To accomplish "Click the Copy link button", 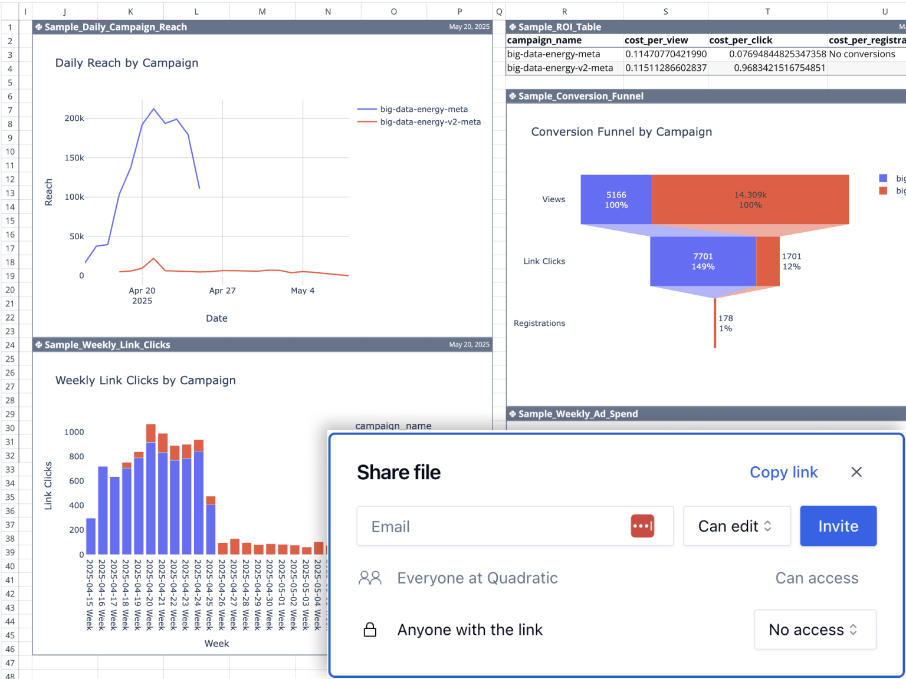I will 783,472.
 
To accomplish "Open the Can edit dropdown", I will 736,526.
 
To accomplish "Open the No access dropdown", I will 814,630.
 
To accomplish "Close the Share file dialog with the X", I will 856,472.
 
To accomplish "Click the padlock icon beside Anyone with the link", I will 370,630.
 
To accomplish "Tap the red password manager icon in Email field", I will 642,526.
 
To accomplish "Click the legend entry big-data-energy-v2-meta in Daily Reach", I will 430,122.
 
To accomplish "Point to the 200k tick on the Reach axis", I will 74,118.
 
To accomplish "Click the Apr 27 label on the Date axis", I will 222,291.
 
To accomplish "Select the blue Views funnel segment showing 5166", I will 616,200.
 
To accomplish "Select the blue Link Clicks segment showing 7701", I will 703,261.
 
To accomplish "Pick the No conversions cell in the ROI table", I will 862,54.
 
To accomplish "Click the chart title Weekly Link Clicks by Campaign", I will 146,381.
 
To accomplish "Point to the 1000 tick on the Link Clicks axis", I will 74,432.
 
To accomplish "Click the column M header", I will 262,12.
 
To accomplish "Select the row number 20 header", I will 10,290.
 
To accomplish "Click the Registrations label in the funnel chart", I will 539,324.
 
